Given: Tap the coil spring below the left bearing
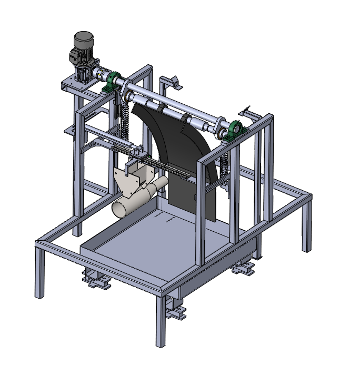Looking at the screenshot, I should click(x=125, y=117).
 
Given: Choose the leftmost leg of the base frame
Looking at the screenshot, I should click(x=40, y=274).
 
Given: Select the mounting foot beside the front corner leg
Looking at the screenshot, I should click(x=176, y=308).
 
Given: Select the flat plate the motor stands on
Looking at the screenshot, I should click(x=71, y=83).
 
